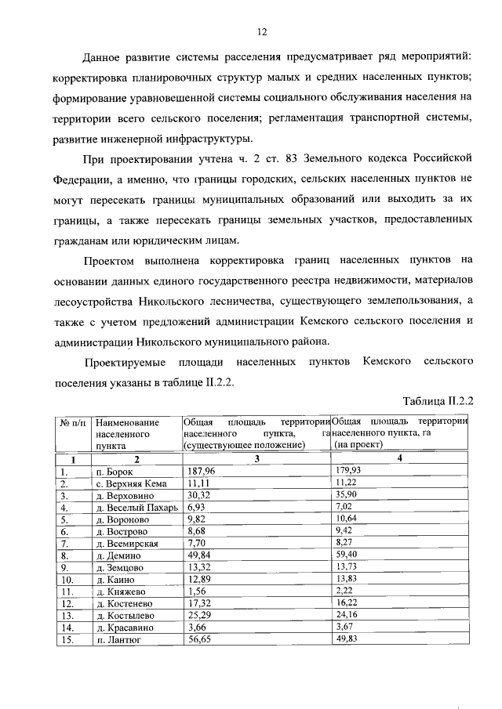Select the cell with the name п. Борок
(115, 472)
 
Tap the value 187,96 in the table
(201, 472)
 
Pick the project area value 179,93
(349, 472)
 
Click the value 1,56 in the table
(196, 591)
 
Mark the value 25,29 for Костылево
(198, 615)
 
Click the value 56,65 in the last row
(198, 639)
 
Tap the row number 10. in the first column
(66, 580)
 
